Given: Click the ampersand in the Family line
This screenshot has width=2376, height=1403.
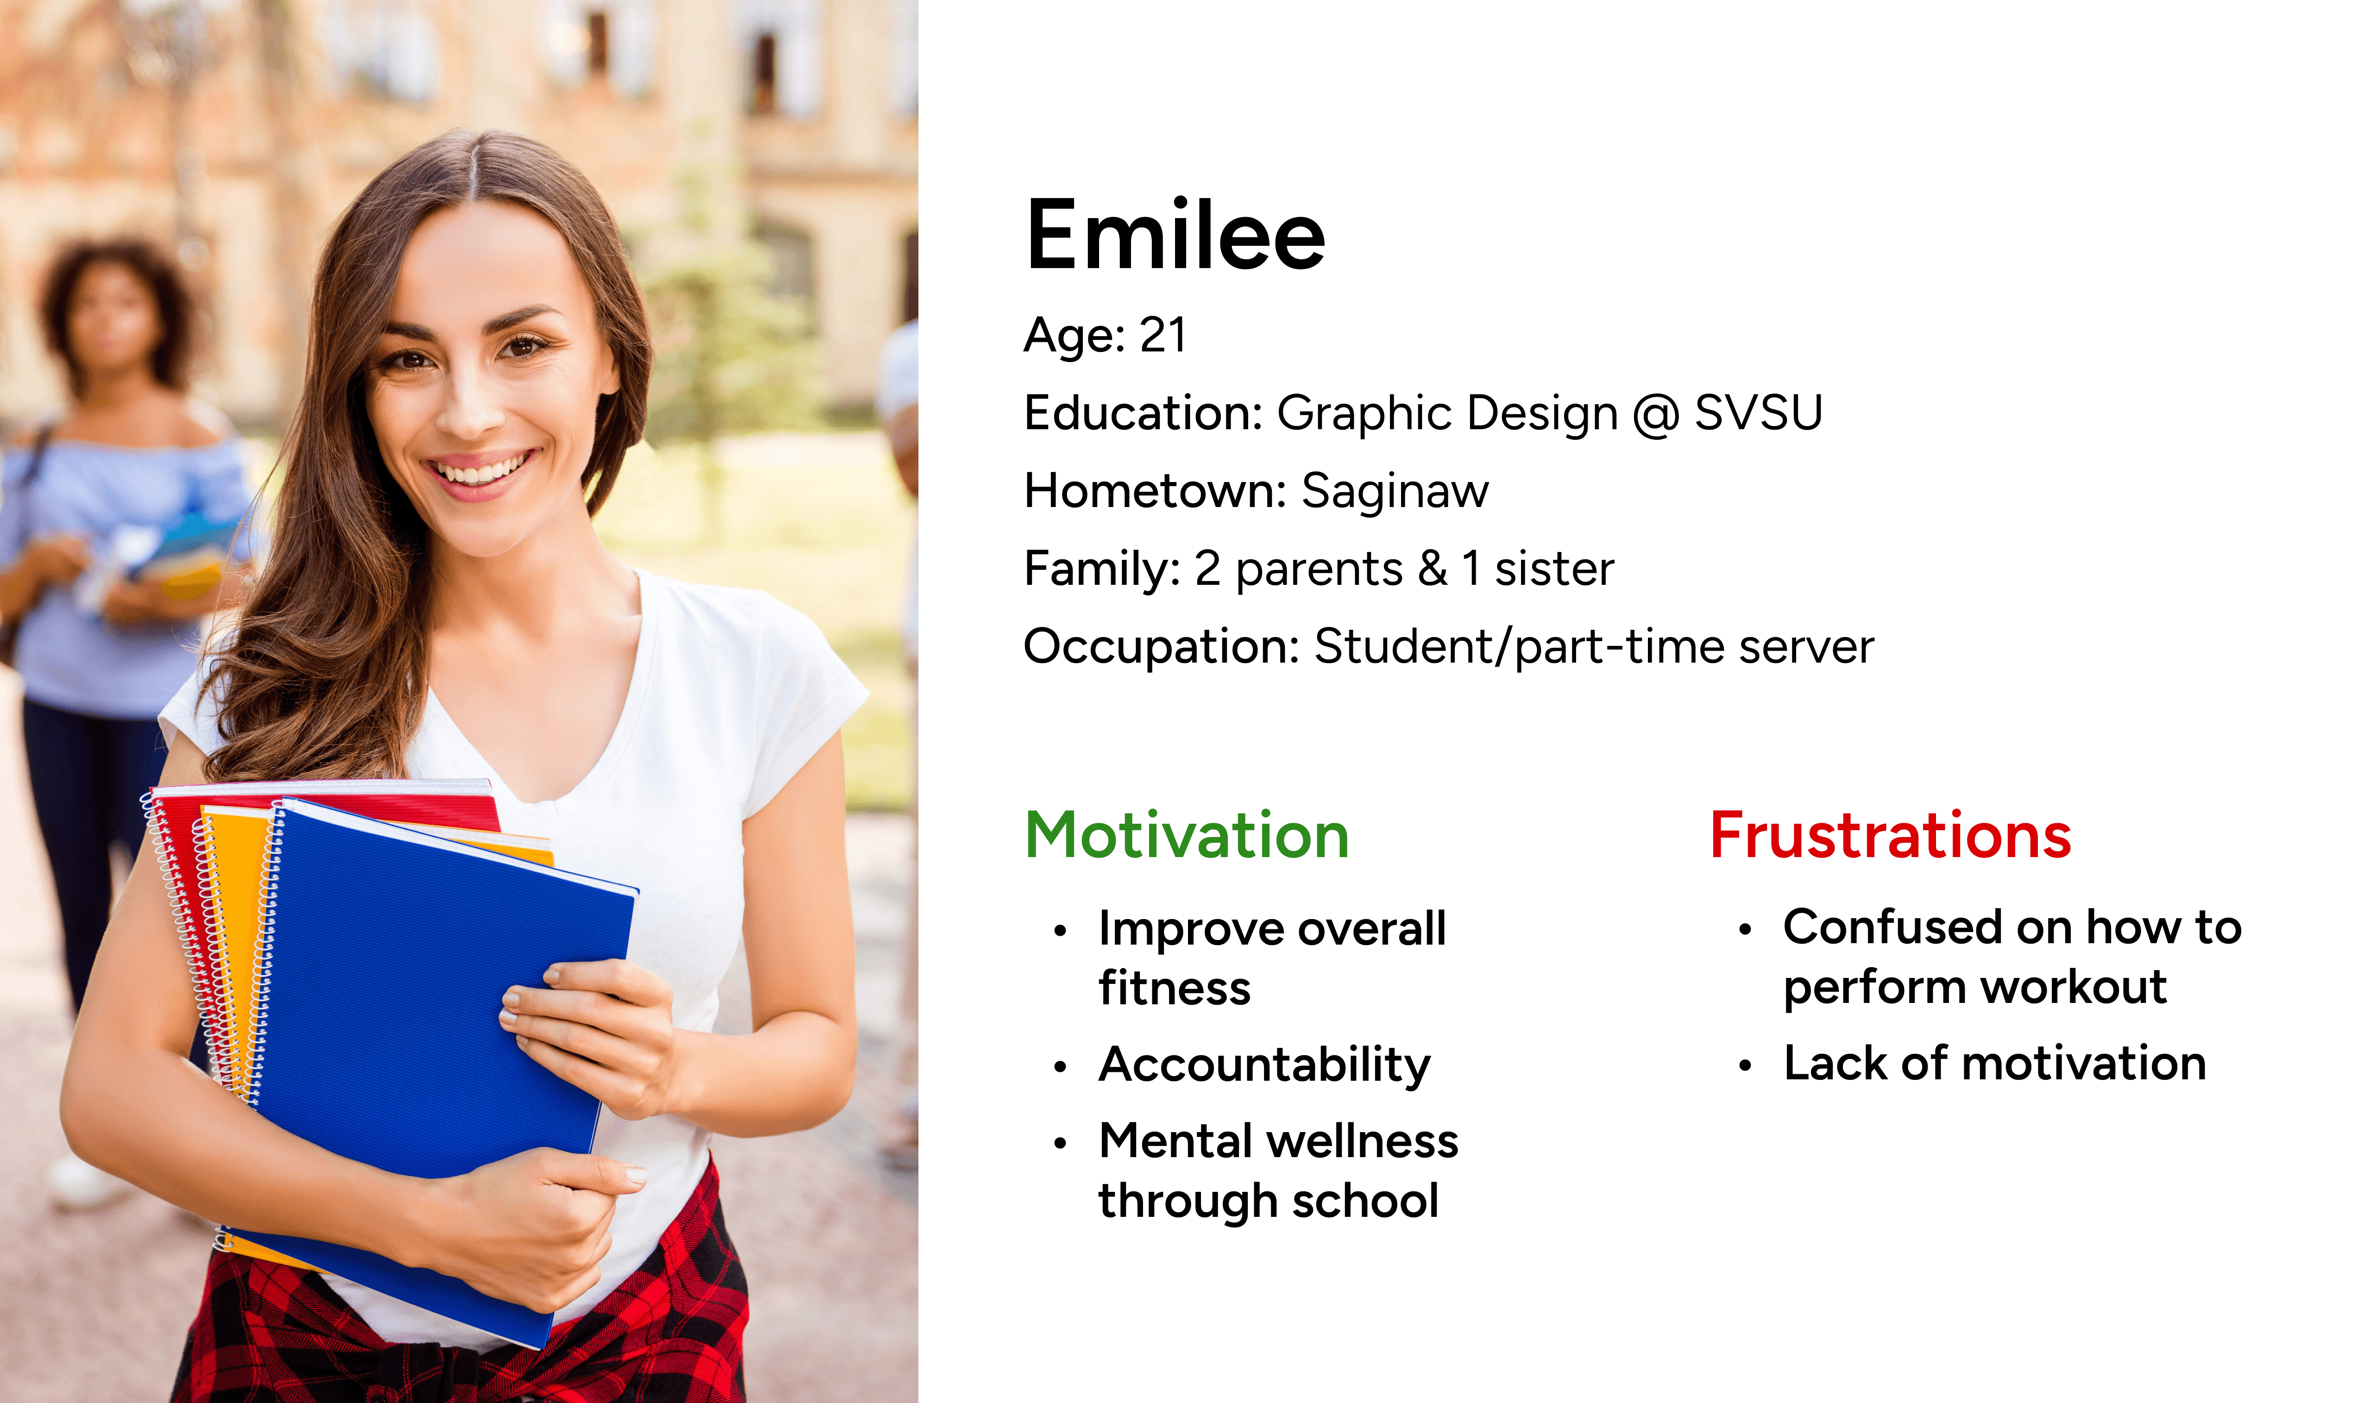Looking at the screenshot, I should [1433, 568].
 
